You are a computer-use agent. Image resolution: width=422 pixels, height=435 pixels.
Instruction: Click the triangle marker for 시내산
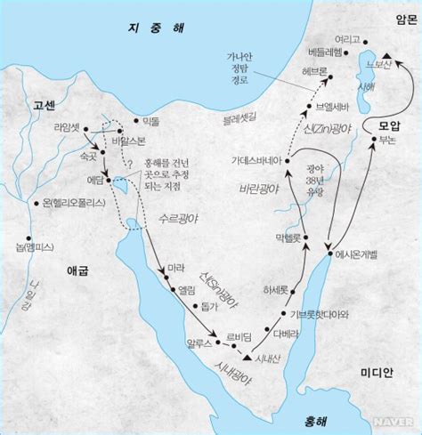pyautogui.click(x=247, y=358)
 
